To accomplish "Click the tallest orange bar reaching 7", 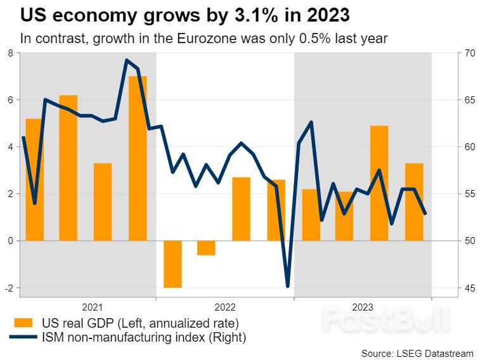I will (x=138, y=158).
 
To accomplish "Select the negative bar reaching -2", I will (x=172, y=264).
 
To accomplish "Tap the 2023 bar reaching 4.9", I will (x=379, y=183).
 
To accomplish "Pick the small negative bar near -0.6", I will (x=206, y=248).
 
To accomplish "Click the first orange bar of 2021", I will (x=34, y=179).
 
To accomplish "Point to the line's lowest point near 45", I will (x=288, y=286).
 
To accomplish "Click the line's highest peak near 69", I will (x=126, y=60).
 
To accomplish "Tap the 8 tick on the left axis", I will (x=10, y=53).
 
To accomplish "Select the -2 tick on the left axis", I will (x=8, y=288).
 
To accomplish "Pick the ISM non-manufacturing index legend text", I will (x=142, y=338).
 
